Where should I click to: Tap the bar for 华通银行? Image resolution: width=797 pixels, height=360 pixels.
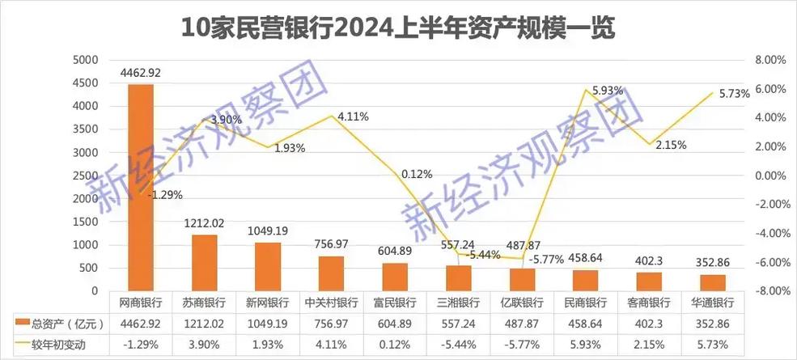pyautogui.click(x=712, y=282)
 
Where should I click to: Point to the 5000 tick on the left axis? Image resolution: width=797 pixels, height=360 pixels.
pyautogui.click(x=85, y=60)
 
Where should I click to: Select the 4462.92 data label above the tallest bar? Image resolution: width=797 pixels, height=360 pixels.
pyautogui.click(x=141, y=73)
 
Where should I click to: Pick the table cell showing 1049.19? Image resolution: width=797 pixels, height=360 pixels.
pyautogui.click(x=268, y=324)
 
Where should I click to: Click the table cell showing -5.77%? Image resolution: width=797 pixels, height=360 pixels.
pyautogui.click(x=522, y=345)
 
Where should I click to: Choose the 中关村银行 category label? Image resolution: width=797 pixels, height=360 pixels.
pyautogui.click(x=331, y=303)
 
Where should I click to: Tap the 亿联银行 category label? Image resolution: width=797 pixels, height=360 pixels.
pyautogui.click(x=522, y=303)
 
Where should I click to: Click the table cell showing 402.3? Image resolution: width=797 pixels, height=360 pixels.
pyautogui.click(x=649, y=324)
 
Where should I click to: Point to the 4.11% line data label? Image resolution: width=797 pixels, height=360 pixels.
pyautogui.click(x=353, y=116)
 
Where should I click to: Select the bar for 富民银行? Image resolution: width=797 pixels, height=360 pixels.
pyautogui.click(x=395, y=277)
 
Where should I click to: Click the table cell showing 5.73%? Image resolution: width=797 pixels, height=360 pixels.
pyautogui.click(x=712, y=345)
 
